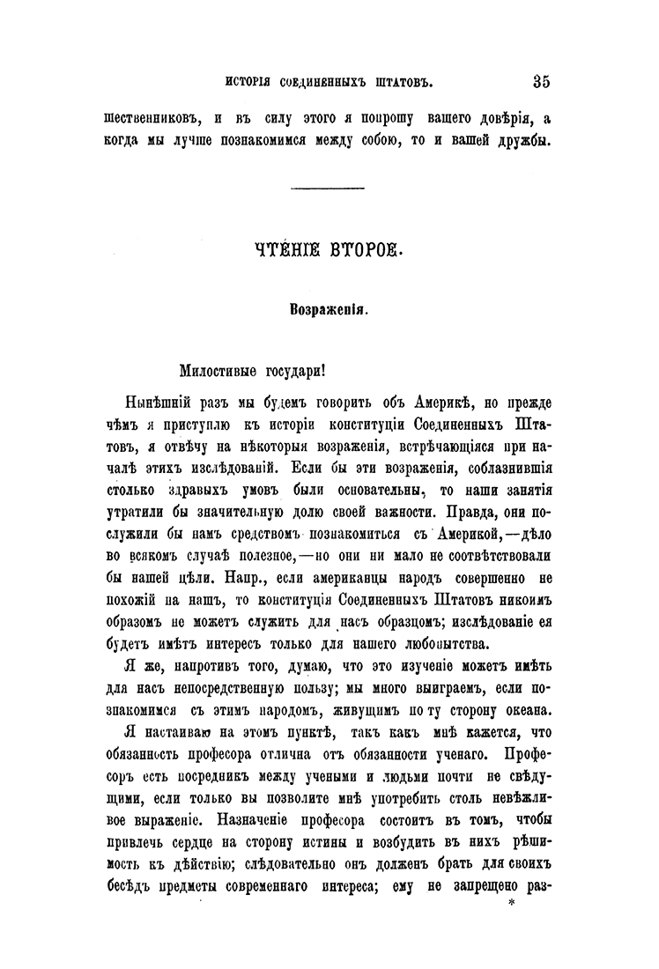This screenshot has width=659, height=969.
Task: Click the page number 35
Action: [541, 83]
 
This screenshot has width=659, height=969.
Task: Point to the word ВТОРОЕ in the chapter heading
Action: [363, 252]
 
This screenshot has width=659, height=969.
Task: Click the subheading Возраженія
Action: [328, 309]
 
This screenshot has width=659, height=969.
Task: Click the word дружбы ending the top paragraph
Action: [521, 142]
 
